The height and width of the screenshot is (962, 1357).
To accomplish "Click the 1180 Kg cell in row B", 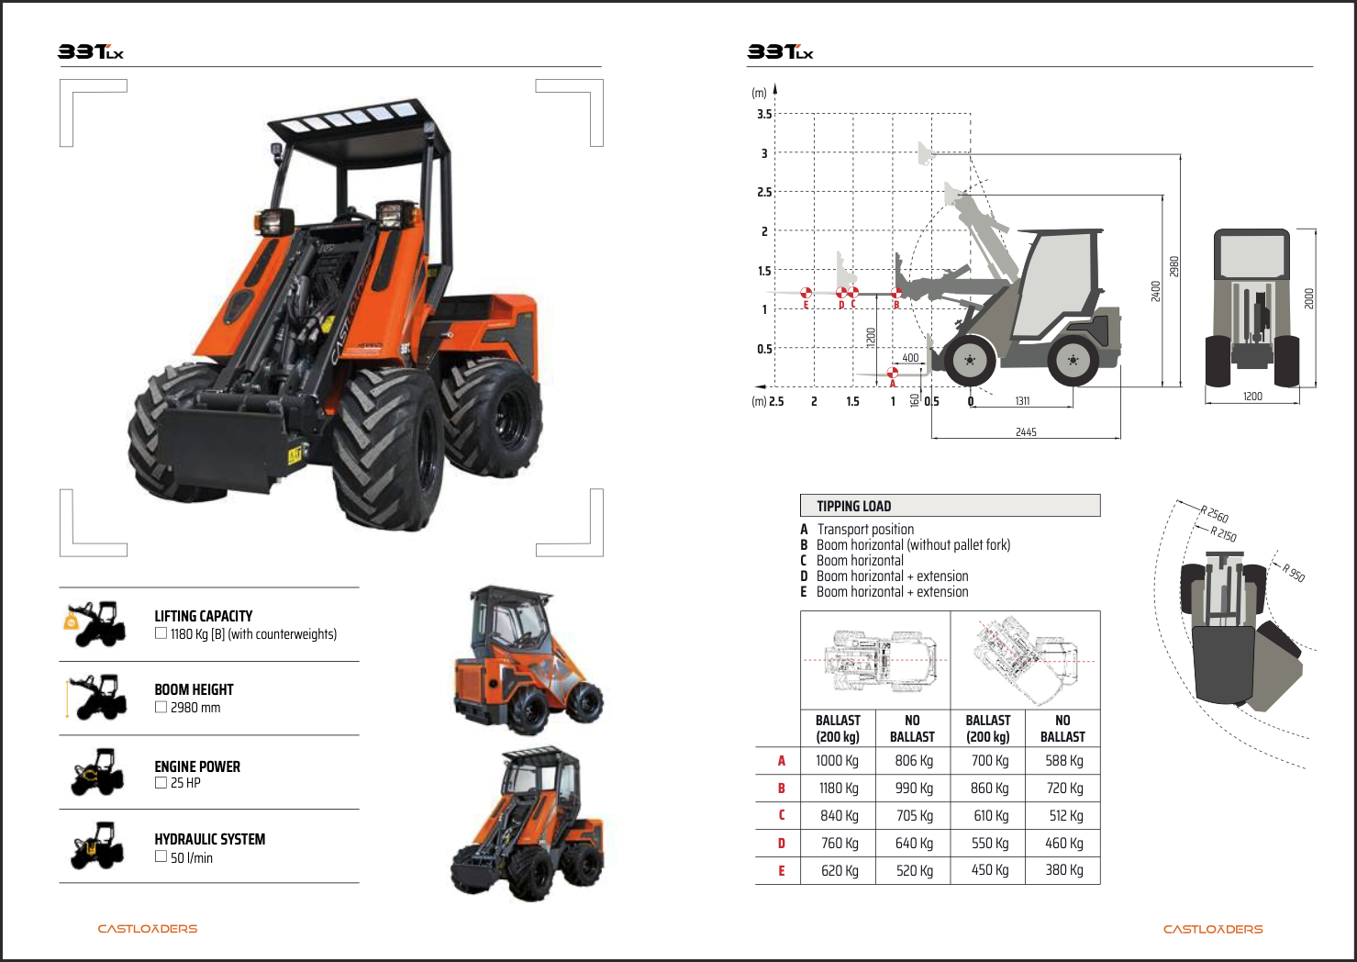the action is click(x=839, y=788).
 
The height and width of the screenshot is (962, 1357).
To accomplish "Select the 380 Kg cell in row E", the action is click(x=1063, y=870).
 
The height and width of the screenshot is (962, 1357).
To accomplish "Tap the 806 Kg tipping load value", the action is click(x=914, y=760).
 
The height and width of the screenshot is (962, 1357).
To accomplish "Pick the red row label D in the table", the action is click(x=782, y=844).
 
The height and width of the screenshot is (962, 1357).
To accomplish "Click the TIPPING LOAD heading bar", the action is click(x=950, y=506).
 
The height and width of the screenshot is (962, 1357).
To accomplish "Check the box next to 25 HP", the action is click(x=161, y=783).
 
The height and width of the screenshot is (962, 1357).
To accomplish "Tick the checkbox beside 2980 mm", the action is click(x=161, y=707).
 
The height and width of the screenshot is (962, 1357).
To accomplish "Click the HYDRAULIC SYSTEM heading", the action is click(x=209, y=839).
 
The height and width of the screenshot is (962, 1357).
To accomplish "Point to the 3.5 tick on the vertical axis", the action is click(x=764, y=114).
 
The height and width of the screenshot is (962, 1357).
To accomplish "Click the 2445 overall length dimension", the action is click(x=1026, y=431).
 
